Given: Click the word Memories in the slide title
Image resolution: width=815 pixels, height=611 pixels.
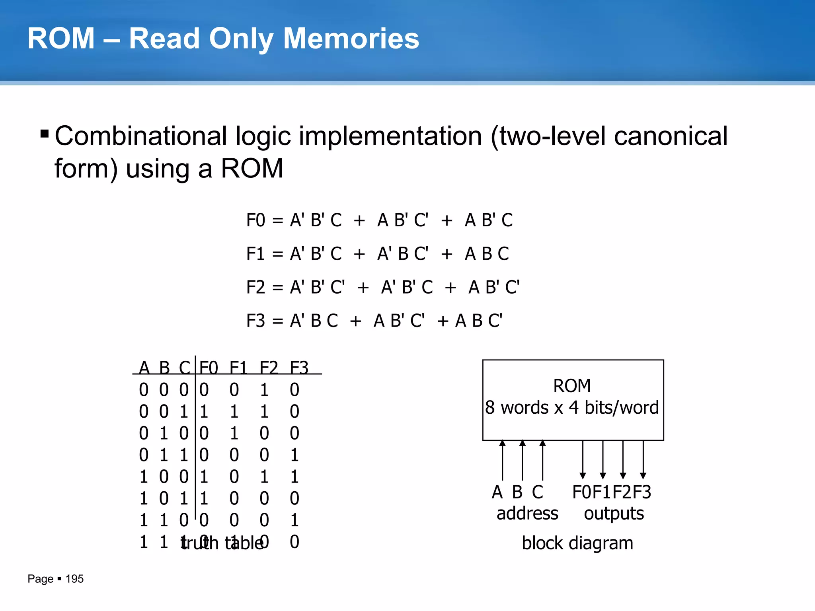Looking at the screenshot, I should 351,39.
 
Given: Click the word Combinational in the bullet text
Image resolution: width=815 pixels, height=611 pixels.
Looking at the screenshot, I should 141,136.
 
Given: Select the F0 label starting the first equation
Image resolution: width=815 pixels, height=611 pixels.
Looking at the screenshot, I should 255,220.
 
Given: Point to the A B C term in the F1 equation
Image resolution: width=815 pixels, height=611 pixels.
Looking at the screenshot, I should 487,254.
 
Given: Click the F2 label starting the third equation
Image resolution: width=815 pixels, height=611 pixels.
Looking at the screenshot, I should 255,287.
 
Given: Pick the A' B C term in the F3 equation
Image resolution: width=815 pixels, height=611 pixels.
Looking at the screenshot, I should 314,321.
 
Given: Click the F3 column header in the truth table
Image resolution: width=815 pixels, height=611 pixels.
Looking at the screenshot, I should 299,367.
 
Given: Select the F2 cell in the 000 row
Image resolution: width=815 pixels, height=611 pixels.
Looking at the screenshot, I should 264,390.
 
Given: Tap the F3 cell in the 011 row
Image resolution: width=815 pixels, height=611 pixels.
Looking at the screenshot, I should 294,455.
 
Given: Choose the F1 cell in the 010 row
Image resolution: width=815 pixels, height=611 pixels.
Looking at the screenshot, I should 234,433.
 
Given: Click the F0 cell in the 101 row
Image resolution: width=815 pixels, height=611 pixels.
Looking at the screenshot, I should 204,498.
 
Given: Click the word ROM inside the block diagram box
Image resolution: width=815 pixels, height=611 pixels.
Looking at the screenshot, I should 572,386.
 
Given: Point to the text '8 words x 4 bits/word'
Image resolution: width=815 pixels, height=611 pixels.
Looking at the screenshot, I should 572,408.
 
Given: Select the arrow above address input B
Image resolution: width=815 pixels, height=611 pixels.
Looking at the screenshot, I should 523,459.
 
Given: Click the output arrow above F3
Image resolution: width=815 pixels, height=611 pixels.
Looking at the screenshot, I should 643,459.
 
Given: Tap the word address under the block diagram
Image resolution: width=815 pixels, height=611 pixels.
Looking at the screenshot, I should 527,514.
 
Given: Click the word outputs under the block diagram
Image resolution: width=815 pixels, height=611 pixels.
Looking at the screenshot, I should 614,514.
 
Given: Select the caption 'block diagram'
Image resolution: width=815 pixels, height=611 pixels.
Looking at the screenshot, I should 577,543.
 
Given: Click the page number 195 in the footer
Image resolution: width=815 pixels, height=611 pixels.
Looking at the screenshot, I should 74,579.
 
